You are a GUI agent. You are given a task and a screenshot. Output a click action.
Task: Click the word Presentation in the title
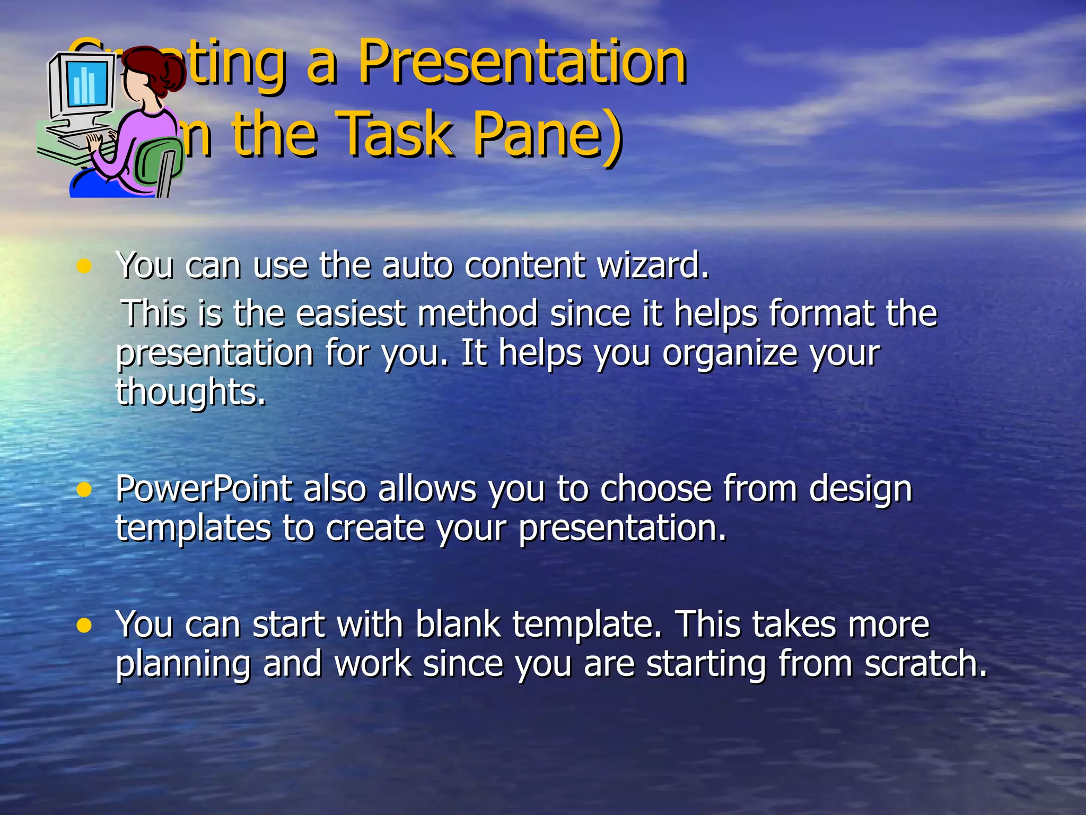coord(522,63)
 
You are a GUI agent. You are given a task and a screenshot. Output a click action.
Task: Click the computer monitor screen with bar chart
coord(85,85)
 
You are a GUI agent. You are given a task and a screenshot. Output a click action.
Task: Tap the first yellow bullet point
coord(84,266)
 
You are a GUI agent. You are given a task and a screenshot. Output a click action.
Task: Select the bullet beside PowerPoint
coord(84,489)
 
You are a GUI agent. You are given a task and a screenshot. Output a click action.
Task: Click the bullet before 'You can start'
coord(84,626)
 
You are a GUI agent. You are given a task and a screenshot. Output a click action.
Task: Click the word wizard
coord(652,265)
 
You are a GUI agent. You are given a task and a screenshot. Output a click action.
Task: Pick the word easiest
coord(351,313)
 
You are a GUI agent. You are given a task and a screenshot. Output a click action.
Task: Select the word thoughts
coord(191,393)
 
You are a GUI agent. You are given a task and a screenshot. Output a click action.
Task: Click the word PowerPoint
coord(204,489)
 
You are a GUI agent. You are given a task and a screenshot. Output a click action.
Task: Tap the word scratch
coord(925,664)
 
